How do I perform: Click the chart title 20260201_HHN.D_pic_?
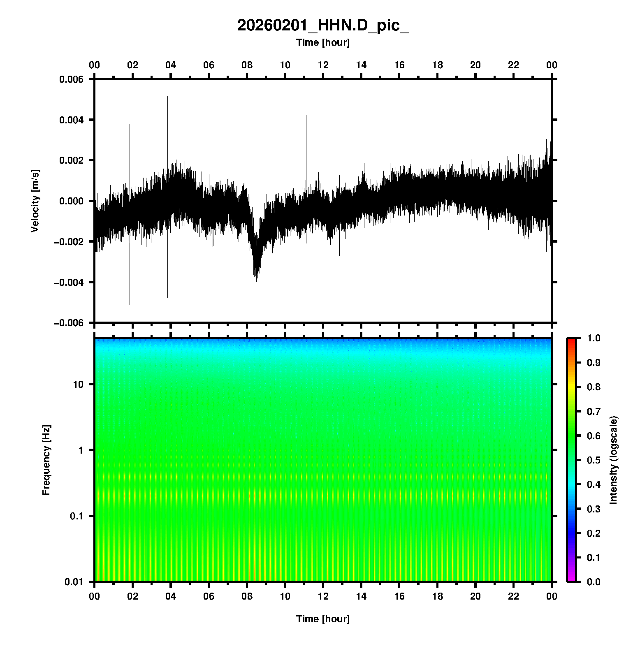pos(323,25)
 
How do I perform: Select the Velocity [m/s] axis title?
pos(35,201)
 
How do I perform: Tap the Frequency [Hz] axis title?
pos(46,460)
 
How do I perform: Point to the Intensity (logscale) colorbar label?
pos(614,460)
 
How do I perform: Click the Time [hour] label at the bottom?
pos(323,619)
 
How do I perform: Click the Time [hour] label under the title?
pos(323,42)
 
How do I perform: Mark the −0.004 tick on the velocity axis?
pos(68,282)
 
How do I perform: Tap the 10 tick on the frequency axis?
pos(78,385)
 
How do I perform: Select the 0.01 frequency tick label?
pos(74,582)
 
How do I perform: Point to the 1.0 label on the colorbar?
pos(594,338)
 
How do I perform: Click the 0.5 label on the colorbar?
pos(594,460)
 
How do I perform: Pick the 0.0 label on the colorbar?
pos(594,582)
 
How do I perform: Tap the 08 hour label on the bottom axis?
pos(247,596)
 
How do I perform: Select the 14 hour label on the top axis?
pos(361,65)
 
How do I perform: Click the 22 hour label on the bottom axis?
pos(514,596)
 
